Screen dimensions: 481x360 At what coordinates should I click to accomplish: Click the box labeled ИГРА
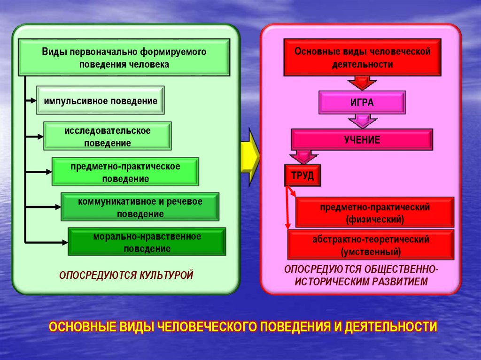362,103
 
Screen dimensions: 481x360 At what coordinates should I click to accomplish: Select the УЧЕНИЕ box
361,140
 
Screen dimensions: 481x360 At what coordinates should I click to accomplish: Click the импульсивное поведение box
101,100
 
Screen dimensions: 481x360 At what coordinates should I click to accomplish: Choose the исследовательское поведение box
108,136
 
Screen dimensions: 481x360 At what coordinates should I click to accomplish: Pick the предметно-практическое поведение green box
125,172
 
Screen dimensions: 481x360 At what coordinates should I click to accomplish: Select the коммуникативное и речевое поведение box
140,207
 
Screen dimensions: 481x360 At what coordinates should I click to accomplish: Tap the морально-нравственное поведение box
147,242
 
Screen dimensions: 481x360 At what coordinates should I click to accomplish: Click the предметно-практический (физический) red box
375,213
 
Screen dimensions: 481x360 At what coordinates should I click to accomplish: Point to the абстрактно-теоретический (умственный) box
371,245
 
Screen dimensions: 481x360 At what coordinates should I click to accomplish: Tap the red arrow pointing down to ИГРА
362,83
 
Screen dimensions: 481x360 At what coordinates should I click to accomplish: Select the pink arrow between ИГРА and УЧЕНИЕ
362,122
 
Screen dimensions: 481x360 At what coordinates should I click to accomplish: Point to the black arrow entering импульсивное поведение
31,100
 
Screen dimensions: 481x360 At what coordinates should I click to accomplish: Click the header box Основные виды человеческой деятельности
362,58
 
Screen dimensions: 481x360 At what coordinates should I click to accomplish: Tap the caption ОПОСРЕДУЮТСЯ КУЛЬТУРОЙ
126,275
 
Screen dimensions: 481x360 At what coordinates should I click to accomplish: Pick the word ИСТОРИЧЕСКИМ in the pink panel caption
330,282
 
